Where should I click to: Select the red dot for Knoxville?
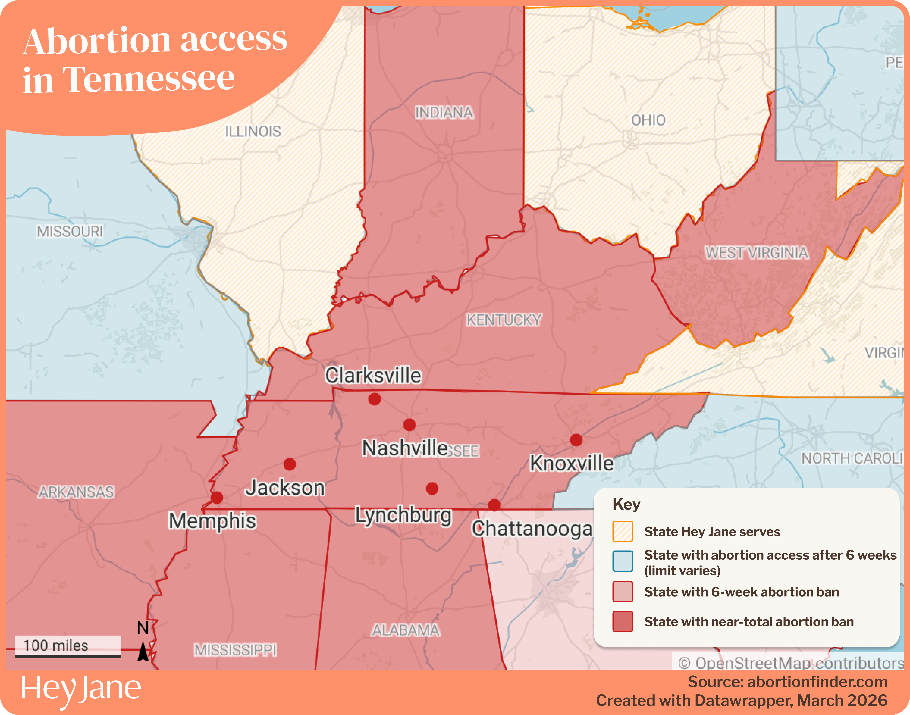pyautogui.click(x=576, y=440)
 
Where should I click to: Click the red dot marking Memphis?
pyautogui.click(x=217, y=498)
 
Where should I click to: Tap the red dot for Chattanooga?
pyautogui.click(x=494, y=505)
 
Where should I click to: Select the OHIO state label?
pyautogui.click(x=648, y=121)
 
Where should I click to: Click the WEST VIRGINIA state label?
pyautogui.click(x=757, y=253)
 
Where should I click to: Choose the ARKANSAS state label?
pyautogui.click(x=76, y=492)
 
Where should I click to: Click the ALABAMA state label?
pyautogui.click(x=406, y=630)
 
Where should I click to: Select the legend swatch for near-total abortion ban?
pyautogui.click(x=623, y=622)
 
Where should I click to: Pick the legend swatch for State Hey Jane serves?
pyautogui.click(x=623, y=532)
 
